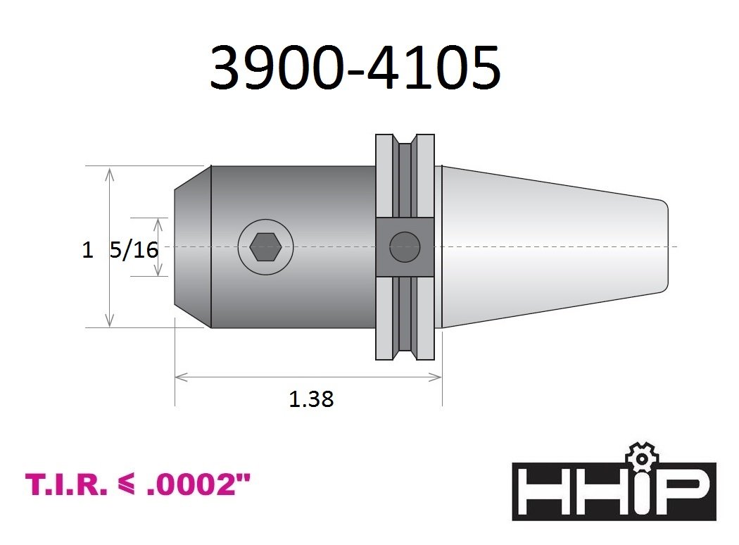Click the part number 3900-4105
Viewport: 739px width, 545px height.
(x=355, y=68)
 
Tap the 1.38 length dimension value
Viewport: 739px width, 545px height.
(x=311, y=399)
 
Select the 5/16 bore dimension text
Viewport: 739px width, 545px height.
(x=134, y=250)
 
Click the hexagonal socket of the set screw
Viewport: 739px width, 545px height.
(x=266, y=247)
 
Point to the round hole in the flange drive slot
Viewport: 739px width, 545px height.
(x=405, y=247)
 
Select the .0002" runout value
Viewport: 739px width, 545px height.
(x=198, y=484)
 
